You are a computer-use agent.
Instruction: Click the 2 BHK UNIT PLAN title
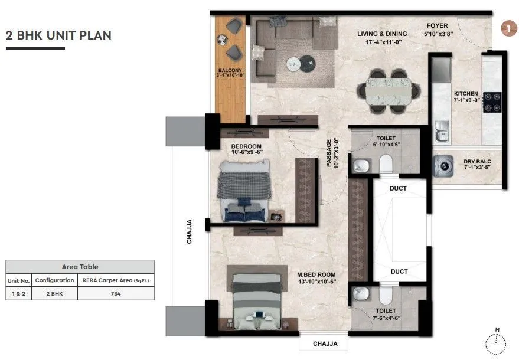58,35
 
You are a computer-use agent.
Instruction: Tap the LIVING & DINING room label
383,34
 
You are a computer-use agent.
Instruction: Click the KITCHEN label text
465,94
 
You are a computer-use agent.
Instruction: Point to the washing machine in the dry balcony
444,166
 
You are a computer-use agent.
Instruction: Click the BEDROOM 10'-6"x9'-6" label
246,148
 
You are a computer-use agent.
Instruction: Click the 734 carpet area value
116,294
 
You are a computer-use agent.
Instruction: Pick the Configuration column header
54,280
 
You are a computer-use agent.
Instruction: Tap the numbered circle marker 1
506,28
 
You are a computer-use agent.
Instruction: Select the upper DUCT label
399,188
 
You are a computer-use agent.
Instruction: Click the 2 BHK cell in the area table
54,294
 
